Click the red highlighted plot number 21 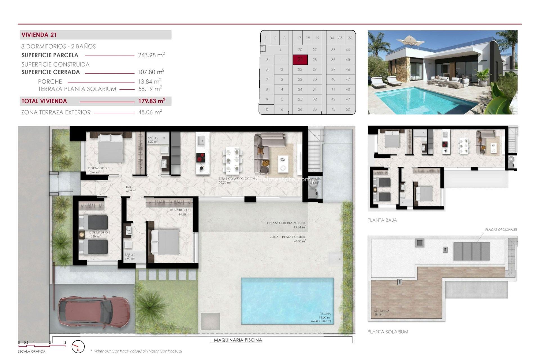pos(300,59)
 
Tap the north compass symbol pos(78,347)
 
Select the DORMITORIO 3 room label pos(98,168)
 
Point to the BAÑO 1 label pos(130,255)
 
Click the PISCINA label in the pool pos(325,314)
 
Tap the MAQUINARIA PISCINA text pos(238,340)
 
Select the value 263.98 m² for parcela pos(151,55)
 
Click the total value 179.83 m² pos(152,101)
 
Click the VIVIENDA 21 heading pos(39,35)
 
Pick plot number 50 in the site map pos(348,109)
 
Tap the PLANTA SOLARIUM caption pos(388,332)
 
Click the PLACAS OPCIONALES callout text pos(501,230)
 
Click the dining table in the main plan pos(233,161)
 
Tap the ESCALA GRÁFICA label pos(31,351)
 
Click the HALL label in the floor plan pos(129,187)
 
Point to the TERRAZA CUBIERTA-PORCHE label pos(285,223)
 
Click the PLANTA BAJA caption pos(382,220)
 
